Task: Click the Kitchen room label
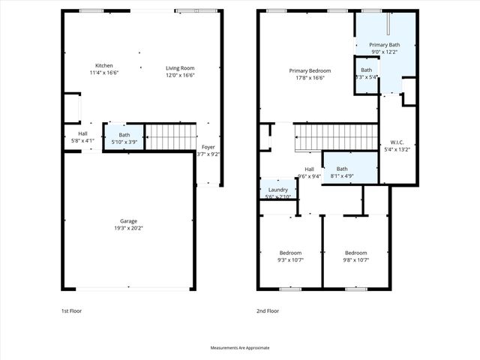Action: coord(103,65)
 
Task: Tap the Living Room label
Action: coord(180,67)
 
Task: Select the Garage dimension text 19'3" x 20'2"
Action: coord(127,229)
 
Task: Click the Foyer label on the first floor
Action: coord(208,147)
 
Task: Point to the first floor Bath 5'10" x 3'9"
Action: coord(124,139)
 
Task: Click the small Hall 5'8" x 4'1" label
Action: coord(82,134)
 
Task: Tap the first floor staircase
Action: coord(169,136)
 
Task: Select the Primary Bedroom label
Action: coord(310,70)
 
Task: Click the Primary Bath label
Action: coord(384,45)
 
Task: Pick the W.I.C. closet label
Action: coord(397,142)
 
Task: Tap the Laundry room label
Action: coord(277,190)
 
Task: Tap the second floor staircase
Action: coord(334,137)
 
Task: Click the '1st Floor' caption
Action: coord(72,310)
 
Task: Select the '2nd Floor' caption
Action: coord(268,310)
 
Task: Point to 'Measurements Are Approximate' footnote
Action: coord(240,348)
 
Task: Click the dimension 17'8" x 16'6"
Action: coord(310,78)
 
